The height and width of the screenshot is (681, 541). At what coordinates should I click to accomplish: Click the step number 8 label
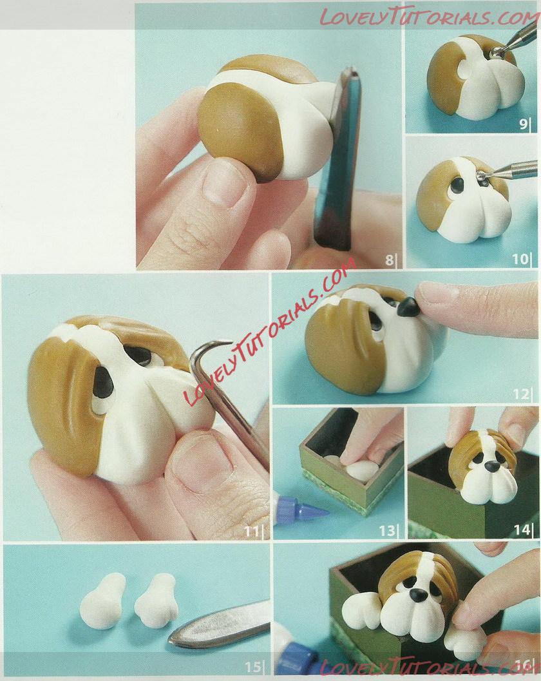(389, 260)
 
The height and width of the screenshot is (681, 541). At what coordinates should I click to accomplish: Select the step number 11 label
(252, 531)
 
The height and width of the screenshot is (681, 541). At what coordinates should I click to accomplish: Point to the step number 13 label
(388, 530)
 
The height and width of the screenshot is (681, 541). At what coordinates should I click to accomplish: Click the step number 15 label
(252, 667)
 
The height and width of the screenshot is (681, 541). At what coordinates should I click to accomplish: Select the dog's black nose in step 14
(491, 466)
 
